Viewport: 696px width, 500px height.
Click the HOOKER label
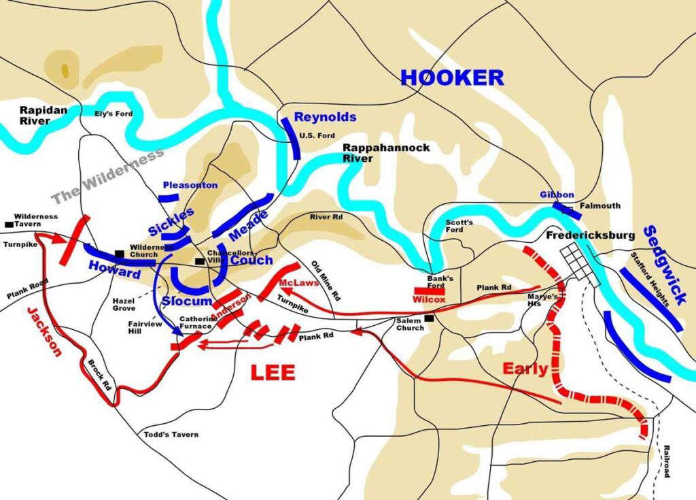[x=452, y=78]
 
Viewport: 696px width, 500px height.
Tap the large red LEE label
[x=273, y=372]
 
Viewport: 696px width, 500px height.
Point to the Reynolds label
[x=325, y=117]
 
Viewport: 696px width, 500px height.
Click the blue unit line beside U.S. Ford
[x=290, y=138]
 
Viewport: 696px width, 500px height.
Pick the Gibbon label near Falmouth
[x=557, y=194]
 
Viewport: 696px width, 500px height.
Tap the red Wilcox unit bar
[x=430, y=291]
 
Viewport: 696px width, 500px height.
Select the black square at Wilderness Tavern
[x=9, y=224]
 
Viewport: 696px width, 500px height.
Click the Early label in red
[x=525, y=369]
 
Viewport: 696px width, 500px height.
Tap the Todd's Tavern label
[x=171, y=435]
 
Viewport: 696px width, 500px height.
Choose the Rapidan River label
[x=34, y=115]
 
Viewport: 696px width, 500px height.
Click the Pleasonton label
[x=190, y=185]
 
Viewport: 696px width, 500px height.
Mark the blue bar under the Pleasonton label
[x=169, y=197]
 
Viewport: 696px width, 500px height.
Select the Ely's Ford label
[x=113, y=114]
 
